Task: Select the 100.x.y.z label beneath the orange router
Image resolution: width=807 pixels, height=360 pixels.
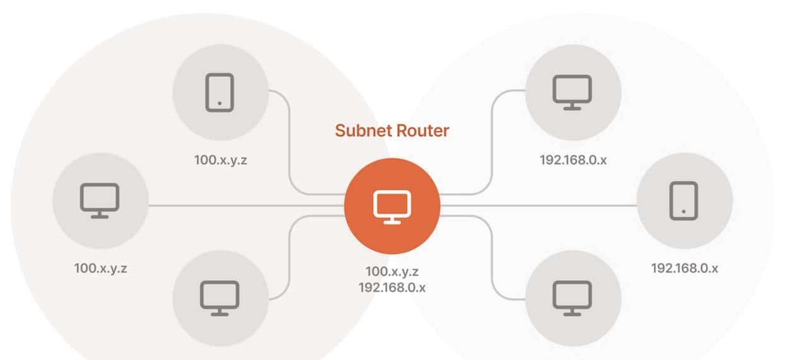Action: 392,272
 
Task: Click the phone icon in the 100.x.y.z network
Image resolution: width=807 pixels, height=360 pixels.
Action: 219,93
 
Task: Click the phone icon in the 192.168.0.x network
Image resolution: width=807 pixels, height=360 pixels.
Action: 684,200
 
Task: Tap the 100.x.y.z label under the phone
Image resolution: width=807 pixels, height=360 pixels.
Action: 220,160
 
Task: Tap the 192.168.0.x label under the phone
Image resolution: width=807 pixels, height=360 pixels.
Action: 684,268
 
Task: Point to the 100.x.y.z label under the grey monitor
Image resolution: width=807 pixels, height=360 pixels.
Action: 101,268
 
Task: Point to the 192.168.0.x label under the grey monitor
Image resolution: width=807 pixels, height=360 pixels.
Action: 572,160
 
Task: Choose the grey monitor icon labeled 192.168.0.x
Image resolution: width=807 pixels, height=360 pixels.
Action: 572,92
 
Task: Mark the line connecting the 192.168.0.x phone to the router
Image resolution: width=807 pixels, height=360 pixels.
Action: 536,205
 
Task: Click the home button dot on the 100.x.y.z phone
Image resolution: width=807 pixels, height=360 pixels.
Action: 219,103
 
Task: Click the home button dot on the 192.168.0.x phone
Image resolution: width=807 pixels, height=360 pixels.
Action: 684,211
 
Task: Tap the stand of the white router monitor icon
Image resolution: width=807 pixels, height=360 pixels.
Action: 392,219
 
